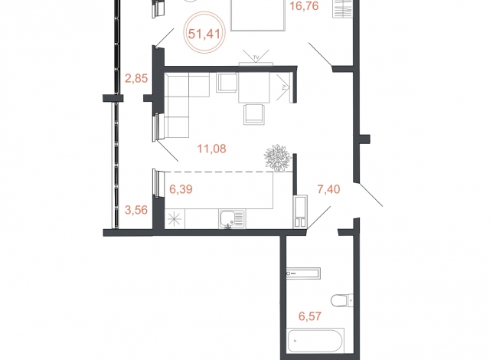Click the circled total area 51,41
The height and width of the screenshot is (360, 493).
point(204,33)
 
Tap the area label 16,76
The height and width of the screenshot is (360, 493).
point(304,5)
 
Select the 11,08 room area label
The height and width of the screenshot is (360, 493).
point(211,149)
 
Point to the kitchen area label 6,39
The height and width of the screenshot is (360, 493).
point(181,189)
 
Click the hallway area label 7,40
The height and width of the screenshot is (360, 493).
point(328,189)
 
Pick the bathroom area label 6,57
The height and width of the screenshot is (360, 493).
point(310,316)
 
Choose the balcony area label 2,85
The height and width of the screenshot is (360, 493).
point(136,78)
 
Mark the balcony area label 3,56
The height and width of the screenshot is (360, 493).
point(136,210)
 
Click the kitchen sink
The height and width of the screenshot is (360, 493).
point(233,219)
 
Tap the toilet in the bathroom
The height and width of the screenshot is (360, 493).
point(342,300)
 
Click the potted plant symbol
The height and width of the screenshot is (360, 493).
point(277,157)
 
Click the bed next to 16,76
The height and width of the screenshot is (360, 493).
point(258,15)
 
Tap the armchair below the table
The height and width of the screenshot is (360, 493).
point(254,114)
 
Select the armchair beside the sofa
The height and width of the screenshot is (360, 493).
point(227,83)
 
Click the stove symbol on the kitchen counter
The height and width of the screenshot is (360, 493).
point(175,219)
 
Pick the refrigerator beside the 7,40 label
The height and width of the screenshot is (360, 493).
point(300,211)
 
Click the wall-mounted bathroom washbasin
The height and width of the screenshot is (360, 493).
point(303,273)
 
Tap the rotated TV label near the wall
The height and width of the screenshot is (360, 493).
point(285,87)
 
